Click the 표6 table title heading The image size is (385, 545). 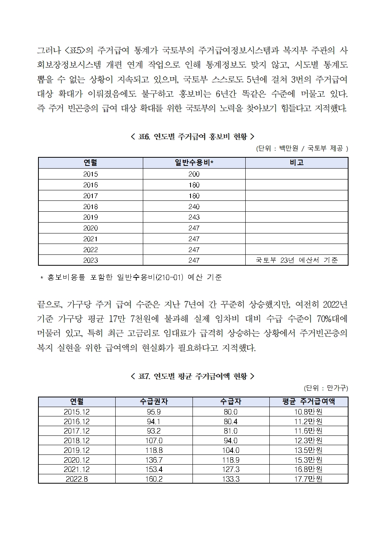click(x=192, y=136)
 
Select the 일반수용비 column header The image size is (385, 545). click(x=194, y=163)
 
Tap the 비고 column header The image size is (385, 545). click(x=297, y=163)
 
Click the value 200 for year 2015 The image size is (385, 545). click(x=194, y=174)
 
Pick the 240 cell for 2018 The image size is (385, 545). click(x=194, y=207)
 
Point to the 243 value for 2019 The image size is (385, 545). click(x=194, y=217)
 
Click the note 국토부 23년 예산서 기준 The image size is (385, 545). click(x=297, y=260)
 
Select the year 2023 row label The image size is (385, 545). click(x=90, y=260)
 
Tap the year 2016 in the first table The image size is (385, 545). click(x=90, y=185)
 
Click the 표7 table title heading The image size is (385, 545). click(x=192, y=376)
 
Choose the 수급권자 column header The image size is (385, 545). click(x=154, y=402)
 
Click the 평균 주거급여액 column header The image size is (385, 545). click(x=309, y=402)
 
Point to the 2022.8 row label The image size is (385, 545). click(x=77, y=479)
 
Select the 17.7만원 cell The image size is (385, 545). click(x=309, y=479)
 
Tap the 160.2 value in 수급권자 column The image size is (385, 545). click(x=154, y=479)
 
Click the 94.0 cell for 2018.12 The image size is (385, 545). click(x=231, y=441)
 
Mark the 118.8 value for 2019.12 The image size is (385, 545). click(x=154, y=450)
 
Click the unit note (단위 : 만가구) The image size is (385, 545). click(x=326, y=388)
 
